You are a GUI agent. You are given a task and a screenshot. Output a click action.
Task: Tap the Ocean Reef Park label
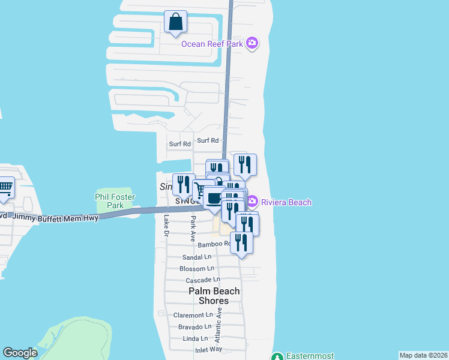pyautogui.click(x=213, y=43)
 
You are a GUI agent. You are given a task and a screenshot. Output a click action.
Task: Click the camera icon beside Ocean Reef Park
pyautogui.click(x=252, y=43)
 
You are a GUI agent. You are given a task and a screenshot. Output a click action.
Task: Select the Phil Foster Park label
pyautogui.click(x=115, y=201)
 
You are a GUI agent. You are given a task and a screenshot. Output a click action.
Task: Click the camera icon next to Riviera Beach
pyautogui.click(x=252, y=201)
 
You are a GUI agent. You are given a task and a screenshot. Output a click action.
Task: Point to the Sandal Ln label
pyautogui.click(x=197, y=257)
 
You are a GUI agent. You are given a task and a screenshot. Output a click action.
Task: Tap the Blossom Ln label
pyautogui.click(x=197, y=269)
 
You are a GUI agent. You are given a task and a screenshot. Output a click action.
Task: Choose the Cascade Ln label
pyautogui.click(x=202, y=280)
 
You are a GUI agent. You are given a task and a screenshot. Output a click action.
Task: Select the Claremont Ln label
pyautogui.click(x=193, y=315)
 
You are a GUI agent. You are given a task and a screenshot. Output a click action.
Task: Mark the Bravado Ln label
pyautogui.click(x=194, y=327)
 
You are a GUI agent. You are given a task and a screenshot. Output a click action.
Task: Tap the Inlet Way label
pyautogui.click(x=208, y=349)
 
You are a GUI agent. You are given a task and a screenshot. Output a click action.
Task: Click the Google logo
pyautogui.click(x=20, y=353)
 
